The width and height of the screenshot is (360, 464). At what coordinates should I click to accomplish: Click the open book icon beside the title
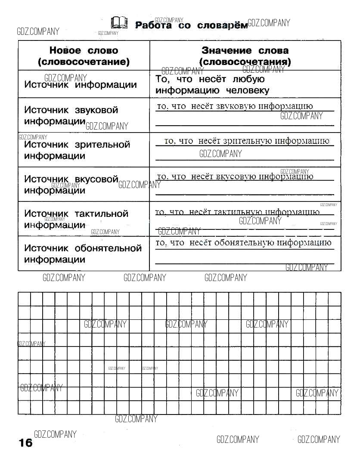(x=119, y=22)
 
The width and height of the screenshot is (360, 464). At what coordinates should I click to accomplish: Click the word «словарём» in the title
(x=222, y=25)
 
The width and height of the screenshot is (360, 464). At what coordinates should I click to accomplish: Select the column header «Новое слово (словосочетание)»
(x=84, y=56)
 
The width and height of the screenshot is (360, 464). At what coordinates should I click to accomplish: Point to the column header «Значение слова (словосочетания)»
(x=245, y=56)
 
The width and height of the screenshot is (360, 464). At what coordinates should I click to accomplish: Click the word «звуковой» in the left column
(x=96, y=110)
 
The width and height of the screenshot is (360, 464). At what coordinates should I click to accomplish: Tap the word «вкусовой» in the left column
(x=96, y=179)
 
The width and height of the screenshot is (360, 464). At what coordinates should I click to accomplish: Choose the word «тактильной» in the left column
(x=102, y=213)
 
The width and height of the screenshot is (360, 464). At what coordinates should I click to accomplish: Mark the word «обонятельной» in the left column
(x=108, y=248)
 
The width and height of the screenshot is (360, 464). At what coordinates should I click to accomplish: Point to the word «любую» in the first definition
(x=248, y=79)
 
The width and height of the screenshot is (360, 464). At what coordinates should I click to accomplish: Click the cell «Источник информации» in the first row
(x=81, y=85)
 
